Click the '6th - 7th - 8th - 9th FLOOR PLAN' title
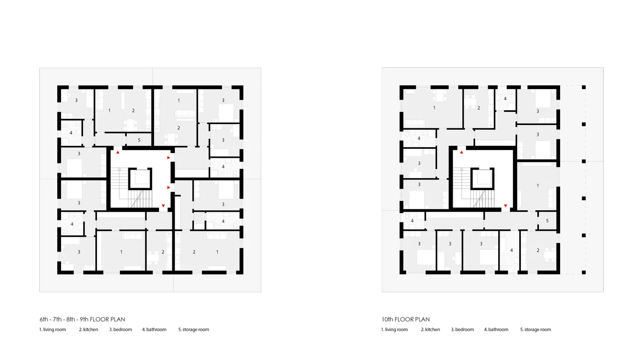(x=82, y=319)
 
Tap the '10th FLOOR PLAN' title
(x=405, y=319)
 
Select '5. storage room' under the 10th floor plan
(x=536, y=330)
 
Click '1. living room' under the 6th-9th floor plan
(x=53, y=330)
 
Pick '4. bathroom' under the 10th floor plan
(x=496, y=330)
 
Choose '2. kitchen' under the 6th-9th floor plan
(x=89, y=330)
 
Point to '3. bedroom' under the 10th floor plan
(x=462, y=330)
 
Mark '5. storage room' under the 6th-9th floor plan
(x=194, y=330)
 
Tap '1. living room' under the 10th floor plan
(x=394, y=330)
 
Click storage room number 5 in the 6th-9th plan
(x=139, y=140)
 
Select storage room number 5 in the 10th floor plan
(x=547, y=221)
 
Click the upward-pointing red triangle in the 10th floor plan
(x=462, y=152)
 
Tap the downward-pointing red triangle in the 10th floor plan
(x=506, y=206)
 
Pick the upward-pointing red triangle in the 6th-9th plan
(x=118, y=152)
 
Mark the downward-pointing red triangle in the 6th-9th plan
(x=163, y=206)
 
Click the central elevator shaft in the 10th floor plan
(x=482, y=179)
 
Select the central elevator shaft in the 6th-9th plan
(x=140, y=179)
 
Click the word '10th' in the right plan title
(x=387, y=319)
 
